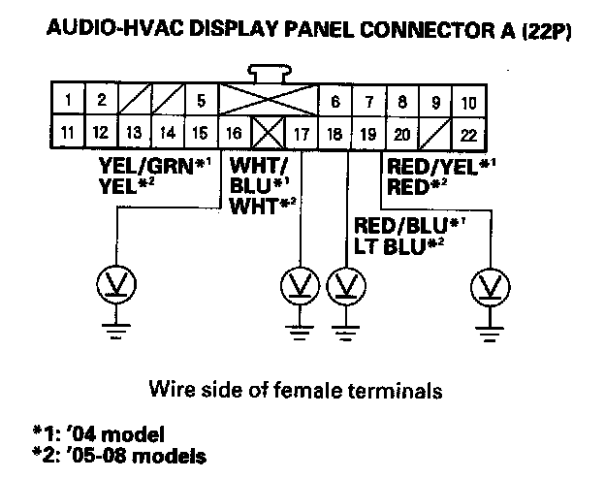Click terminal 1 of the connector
(67, 100)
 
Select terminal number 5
(201, 100)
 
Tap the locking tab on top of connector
(268, 74)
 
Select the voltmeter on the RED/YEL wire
(489, 286)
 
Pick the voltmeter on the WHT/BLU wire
(302, 286)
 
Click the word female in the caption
(351, 391)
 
